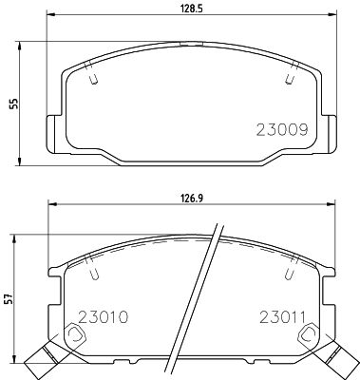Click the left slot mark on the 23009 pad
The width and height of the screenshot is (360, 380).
93,81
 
